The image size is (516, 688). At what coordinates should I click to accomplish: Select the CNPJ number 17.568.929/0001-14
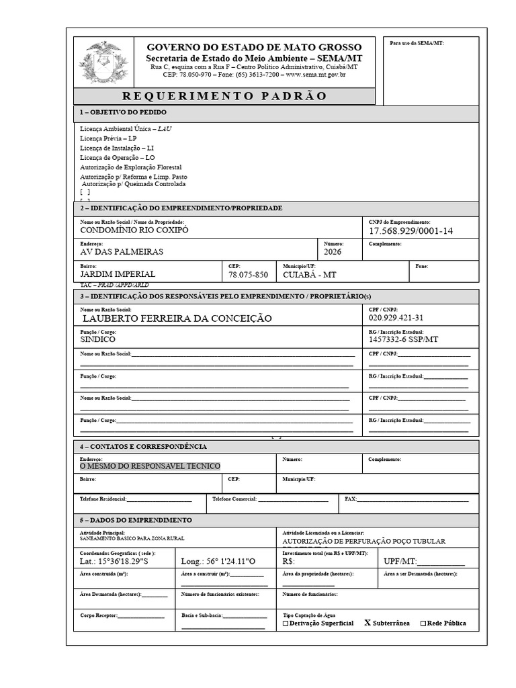tap(411, 231)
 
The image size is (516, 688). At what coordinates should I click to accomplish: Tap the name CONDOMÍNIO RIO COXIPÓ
tap(134, 230)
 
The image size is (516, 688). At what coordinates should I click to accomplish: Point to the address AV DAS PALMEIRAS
tap(122, 252)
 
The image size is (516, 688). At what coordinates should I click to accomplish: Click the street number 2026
tap(333, 252)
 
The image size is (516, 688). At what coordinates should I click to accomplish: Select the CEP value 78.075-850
tap(248, 275)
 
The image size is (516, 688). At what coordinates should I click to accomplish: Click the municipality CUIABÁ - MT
tap(310, 275)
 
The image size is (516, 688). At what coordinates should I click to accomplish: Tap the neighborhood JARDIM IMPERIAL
tap(118, 274)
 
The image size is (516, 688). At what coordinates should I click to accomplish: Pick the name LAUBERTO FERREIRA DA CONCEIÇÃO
tap(177, 318)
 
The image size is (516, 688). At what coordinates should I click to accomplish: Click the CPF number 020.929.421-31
tap(396, 318)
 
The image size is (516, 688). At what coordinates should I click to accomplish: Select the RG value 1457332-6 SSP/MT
tap(403, 340)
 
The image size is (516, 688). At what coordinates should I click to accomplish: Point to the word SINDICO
tap(97, 339)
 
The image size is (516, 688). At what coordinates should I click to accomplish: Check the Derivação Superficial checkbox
tap(286, 623)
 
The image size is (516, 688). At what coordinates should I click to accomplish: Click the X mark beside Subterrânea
tap(368, 623)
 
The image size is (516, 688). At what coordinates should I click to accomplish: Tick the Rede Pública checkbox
tap(423, 623)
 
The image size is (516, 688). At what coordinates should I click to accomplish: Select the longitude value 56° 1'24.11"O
tap(218, 561)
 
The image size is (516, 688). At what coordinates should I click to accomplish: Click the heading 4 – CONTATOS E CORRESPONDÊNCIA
tap(144, 447)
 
